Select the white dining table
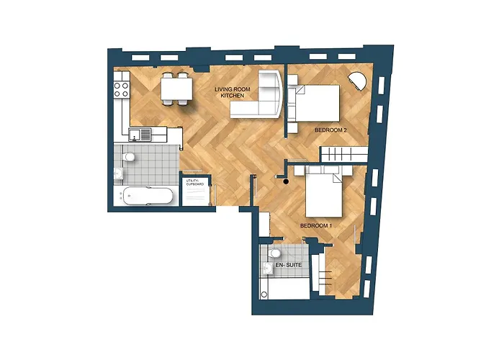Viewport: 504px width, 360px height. tap(176, 89)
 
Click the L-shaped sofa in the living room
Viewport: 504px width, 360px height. tap(259, 101)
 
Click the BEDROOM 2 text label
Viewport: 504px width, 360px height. tap(331, 130)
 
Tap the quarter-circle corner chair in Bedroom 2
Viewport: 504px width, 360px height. tap(359, 81)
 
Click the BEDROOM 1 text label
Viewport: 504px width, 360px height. tap(315, 226)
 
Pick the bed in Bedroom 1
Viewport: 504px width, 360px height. tap(328, 193)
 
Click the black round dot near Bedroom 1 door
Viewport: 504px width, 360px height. tap(287, 181)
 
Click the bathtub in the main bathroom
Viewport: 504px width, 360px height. tap(148, 196)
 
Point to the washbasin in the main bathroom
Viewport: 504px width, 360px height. tap(118, 174)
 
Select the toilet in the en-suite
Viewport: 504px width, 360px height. tap(275, 253)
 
